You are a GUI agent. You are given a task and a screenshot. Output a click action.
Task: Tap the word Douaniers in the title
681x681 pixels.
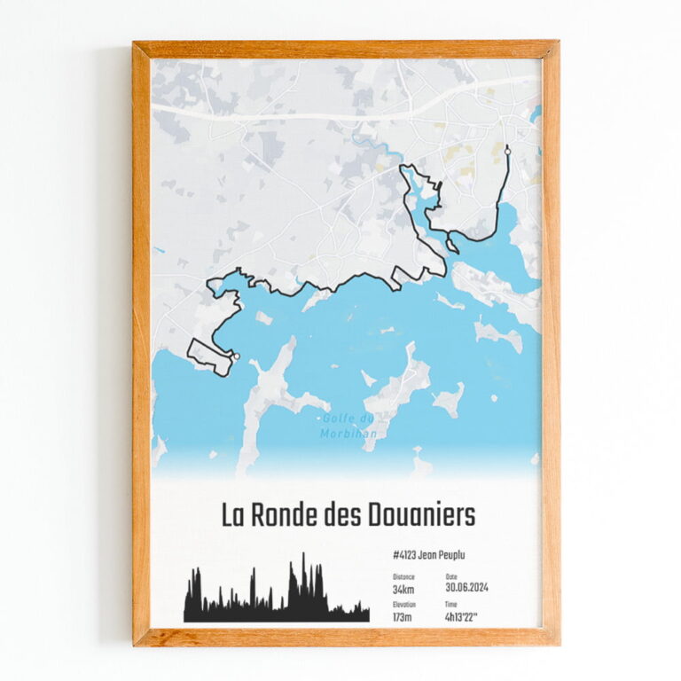(x=420, y=515)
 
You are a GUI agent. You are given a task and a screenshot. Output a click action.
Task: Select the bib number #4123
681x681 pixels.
(x=403, y=555)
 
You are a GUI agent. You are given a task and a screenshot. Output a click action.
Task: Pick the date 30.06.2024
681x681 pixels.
(x=466, y=587)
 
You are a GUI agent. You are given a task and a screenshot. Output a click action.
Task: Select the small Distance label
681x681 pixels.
(x=403, y=576)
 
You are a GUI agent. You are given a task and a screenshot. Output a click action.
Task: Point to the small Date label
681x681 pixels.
(x=451, y=576)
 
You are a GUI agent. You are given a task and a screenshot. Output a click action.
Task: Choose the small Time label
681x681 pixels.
(x=451, y=604)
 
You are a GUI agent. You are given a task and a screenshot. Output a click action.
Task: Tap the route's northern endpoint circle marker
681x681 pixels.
(x=507, y=153)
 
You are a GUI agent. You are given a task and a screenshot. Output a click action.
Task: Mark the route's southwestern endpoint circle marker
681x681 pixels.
(x=236, y=356)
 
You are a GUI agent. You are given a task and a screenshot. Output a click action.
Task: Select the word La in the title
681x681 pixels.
(x=231, y=515)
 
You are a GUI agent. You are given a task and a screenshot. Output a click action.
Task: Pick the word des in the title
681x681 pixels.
(x=344, y=515)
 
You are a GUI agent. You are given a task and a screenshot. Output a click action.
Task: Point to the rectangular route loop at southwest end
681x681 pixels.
(x=209, y=356)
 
